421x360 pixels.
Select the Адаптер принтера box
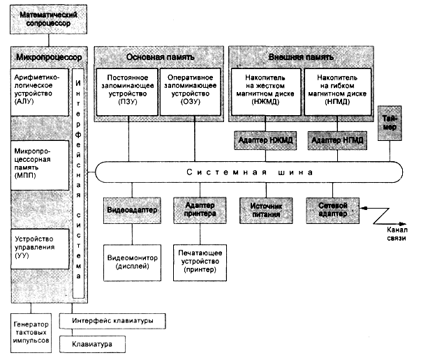(x=197, y=209)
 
